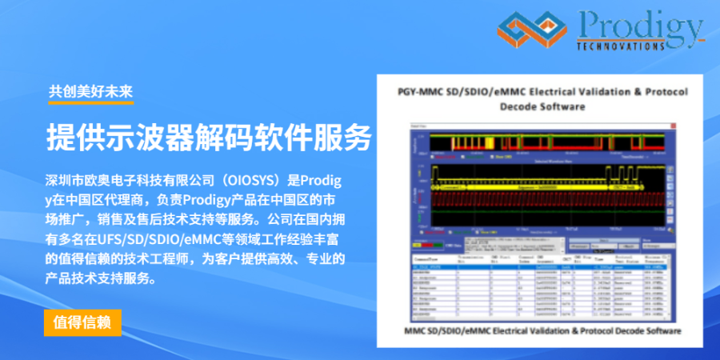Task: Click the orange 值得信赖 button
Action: pyautogui.click(x=82, y=322)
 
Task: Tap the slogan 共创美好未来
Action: pyautogui.click(x=90, y=91)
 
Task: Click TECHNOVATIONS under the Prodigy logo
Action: pyautogui.click(x=620, y=47)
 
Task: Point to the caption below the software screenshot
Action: pyautogui.click(x=542, y=330)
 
